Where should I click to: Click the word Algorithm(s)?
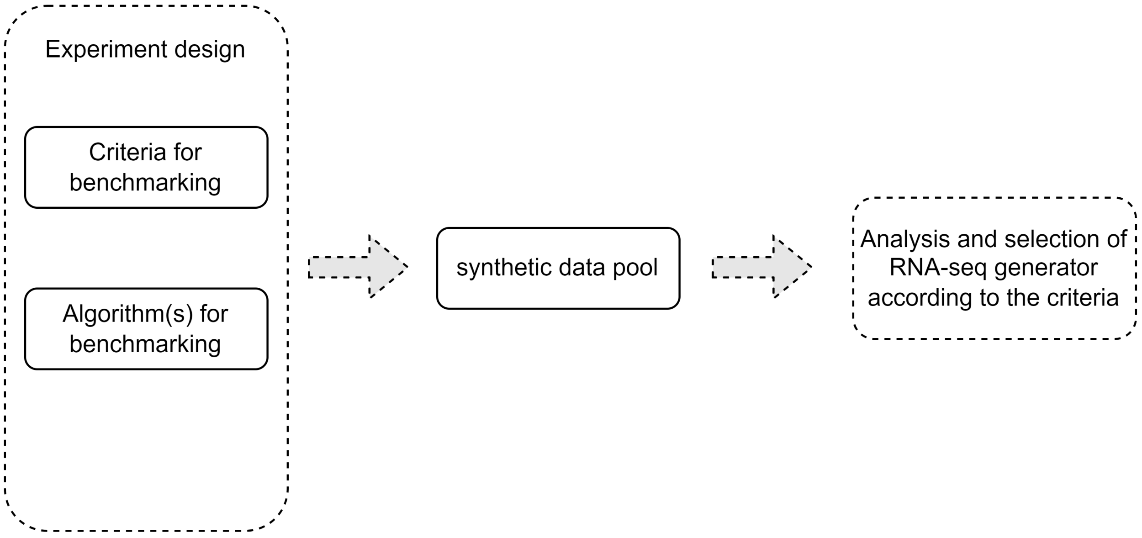(x=128, y=314)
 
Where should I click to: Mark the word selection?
(x=1061, y=239)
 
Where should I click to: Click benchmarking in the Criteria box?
(x=145, y=182)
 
